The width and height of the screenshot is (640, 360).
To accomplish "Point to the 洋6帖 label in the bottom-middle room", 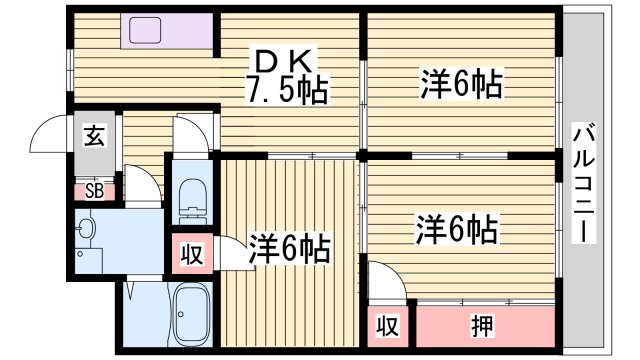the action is [x=291, y=244].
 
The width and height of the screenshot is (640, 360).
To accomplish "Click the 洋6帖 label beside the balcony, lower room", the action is [x=456, y=231].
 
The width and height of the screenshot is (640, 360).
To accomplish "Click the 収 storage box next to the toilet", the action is [x=190, y=253].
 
